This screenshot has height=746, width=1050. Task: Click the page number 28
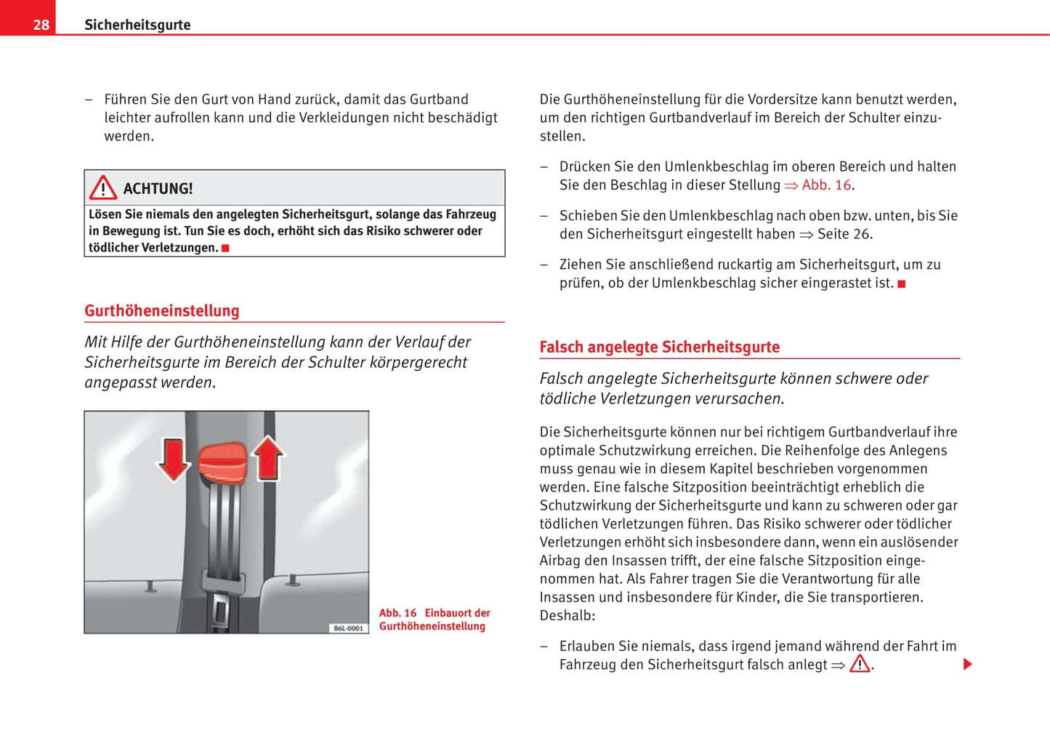click(41, 25)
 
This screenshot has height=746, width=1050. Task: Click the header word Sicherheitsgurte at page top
click(137, 25)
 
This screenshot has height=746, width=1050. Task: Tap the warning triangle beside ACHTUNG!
click(103, 188)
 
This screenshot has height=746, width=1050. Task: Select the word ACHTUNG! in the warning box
click(158, 189)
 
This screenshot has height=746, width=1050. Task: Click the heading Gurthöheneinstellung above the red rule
click(162, 310)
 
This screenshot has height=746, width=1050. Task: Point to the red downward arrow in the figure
click(174, 460)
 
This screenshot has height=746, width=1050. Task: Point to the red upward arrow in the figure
click(268, 458)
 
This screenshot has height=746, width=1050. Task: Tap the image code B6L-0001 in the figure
click(348, 628)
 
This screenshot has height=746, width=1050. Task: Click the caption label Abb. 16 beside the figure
click(397, 613)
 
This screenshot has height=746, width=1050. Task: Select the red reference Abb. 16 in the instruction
click(825, 185)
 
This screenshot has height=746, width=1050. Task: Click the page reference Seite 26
click(844, 234)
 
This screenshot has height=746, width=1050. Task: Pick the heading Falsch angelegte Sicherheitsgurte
click(659, 347)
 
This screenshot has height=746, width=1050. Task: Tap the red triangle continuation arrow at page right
click(967, 664)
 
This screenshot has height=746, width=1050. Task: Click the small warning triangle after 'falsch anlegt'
click(860, 663)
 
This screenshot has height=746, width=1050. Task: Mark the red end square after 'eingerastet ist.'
click(902, 284)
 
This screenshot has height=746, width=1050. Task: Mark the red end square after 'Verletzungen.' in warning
click(225, 249)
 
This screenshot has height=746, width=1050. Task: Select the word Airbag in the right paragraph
click(560, 561)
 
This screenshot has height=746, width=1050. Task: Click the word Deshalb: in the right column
click(567, 616)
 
